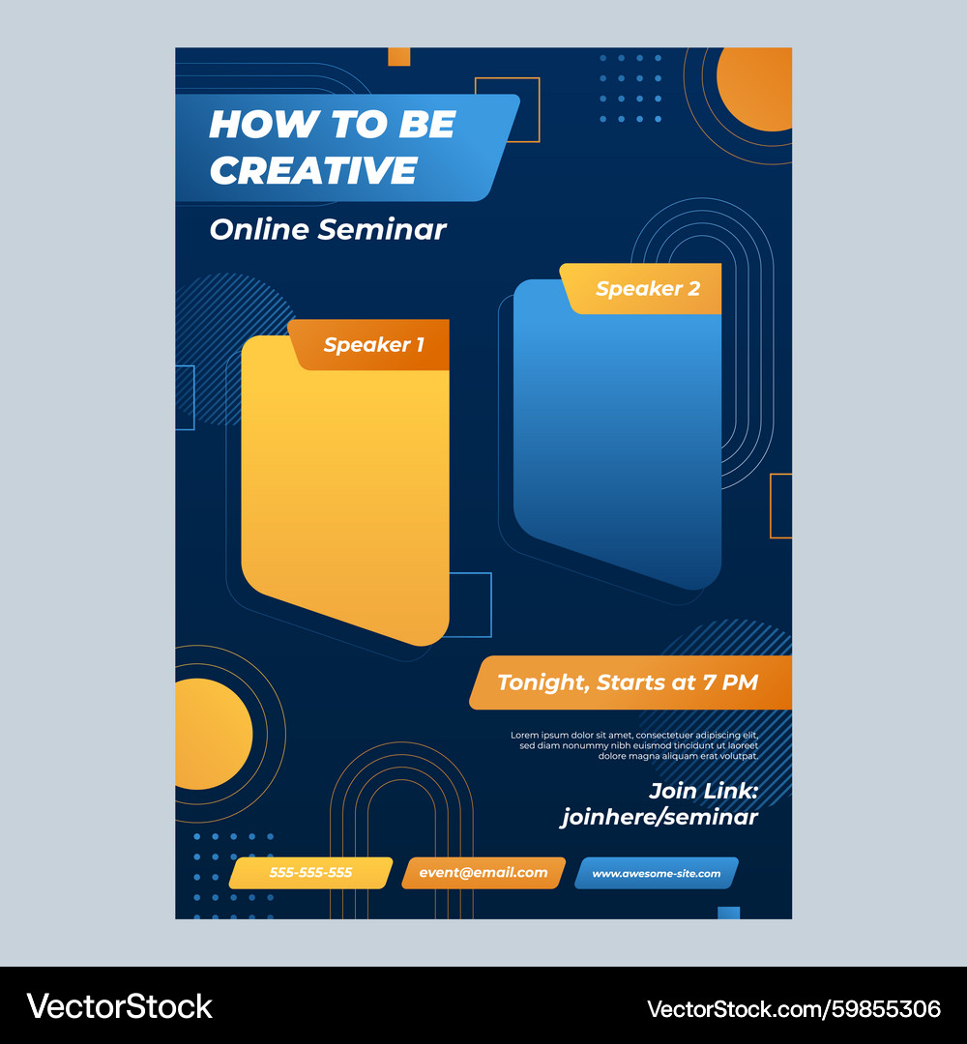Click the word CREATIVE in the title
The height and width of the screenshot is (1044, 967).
pos(313,170)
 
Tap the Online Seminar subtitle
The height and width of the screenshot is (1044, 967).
pos(328,230)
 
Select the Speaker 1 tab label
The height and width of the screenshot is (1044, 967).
pos(373,345)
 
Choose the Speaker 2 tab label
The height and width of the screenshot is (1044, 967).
pos(648,288)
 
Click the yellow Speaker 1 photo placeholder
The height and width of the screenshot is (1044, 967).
pos(345,493)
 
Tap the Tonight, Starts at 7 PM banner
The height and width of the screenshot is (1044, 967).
pos(630,682)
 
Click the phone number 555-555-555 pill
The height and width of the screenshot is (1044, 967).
pos(310,873)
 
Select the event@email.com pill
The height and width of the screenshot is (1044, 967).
pos(483,873)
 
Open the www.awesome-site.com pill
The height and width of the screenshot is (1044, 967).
pos(657,873)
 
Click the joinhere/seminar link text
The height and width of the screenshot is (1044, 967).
pos(659,817)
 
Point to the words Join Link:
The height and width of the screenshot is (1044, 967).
pos(703,791)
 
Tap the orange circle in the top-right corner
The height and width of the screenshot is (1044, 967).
pos(755,89)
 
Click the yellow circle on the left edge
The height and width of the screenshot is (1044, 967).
pos(214,735)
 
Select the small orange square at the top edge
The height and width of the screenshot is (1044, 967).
pos(399,57)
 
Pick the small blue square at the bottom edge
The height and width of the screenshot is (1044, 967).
pos(728,913)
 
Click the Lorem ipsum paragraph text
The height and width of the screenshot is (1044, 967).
pos(634,745)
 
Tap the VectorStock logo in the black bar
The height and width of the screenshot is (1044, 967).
pos(119,1006)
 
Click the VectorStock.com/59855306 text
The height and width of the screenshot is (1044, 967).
pos(794,1009)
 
